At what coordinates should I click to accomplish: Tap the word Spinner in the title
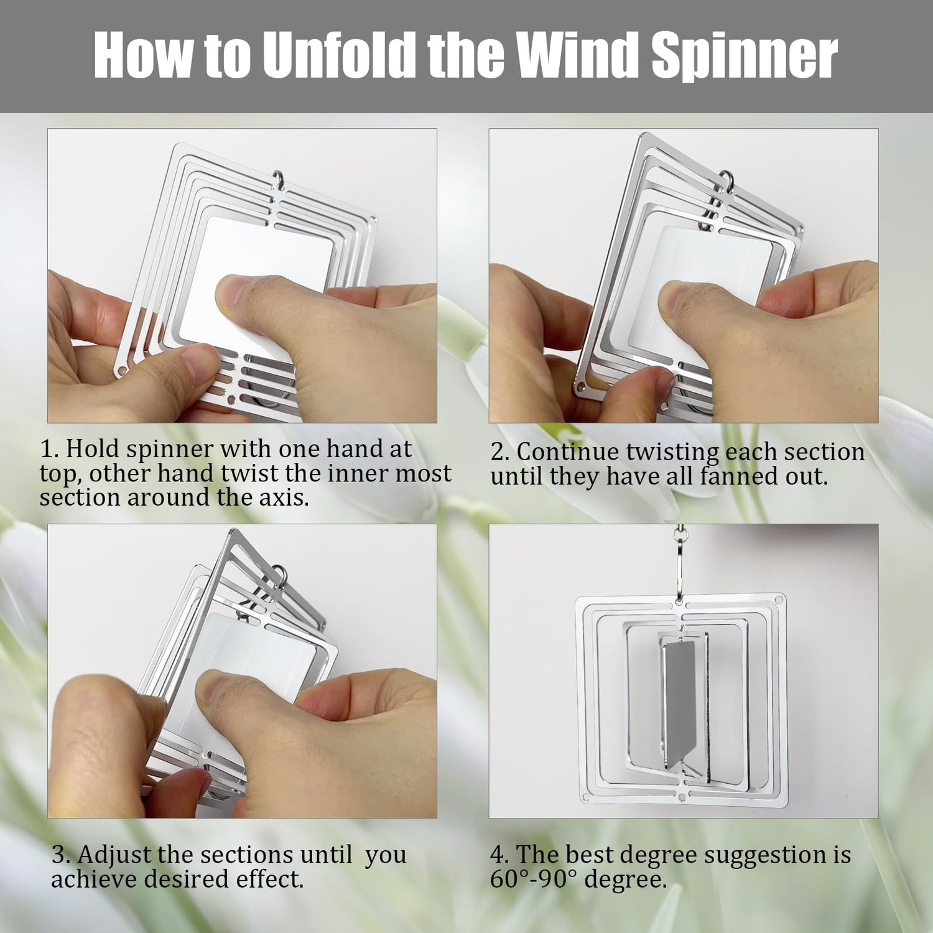[745, 57]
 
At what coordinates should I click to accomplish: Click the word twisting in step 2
[671, 452]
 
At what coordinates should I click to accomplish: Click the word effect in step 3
[269, 880]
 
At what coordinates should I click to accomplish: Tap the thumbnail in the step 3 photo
[217, 693]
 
